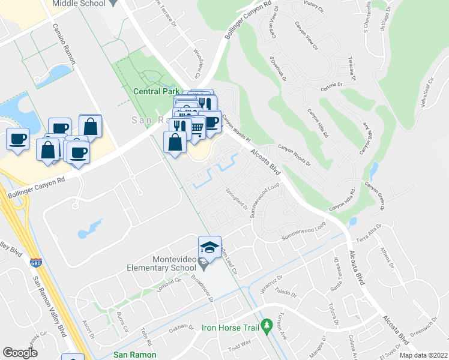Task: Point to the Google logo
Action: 20,353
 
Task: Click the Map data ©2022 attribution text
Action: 423,355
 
